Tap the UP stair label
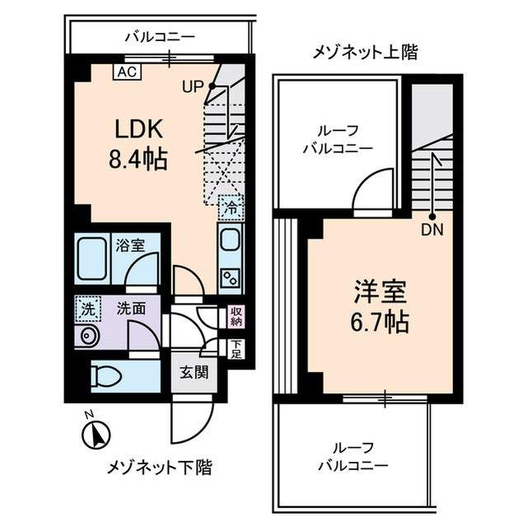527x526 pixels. [x=193, y=86]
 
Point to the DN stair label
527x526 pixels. [x=432, y=230]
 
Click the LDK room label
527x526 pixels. [x=138, y=129]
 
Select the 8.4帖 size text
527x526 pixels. [x=138, y=157]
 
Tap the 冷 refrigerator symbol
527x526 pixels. [x=231, y=207]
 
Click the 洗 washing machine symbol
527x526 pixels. [x=86, y=310]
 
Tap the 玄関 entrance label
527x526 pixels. [x=194, y=371]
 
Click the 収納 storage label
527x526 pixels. [x=236, y=316]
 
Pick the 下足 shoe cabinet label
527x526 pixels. [x=236, y=349]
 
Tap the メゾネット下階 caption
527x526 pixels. [x=159, y=468]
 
